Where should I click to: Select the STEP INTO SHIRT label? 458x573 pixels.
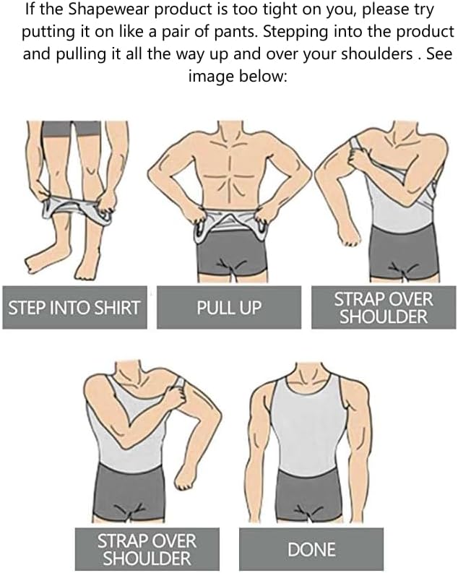73,308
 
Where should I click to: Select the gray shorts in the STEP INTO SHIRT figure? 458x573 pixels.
70,129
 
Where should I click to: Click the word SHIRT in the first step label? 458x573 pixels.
117,308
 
